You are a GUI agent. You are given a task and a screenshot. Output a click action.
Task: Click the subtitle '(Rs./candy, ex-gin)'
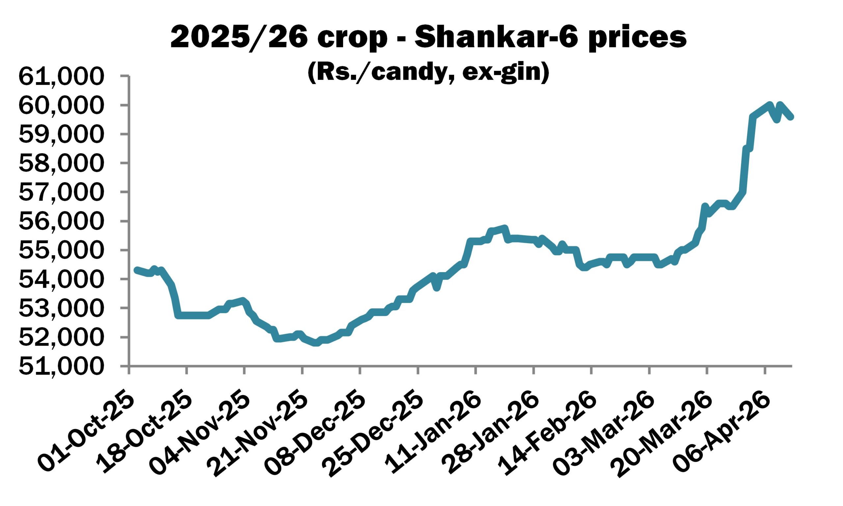click(x=428, y=72)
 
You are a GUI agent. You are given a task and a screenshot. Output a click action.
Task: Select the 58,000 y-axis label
click(x=60, y=163)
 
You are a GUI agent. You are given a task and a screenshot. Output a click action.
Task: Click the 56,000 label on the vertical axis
click(x=60, y=221)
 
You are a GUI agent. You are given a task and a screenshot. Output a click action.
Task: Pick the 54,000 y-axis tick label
click(x=60, y=279)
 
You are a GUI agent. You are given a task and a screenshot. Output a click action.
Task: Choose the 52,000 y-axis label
click(x=60, y=337)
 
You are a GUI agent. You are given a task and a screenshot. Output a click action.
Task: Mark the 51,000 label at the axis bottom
click(x=60, y=367)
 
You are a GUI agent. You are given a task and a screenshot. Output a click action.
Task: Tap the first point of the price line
click(x=137, y=270)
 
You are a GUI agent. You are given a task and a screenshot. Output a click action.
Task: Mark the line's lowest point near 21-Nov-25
click(x=316, y=343)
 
